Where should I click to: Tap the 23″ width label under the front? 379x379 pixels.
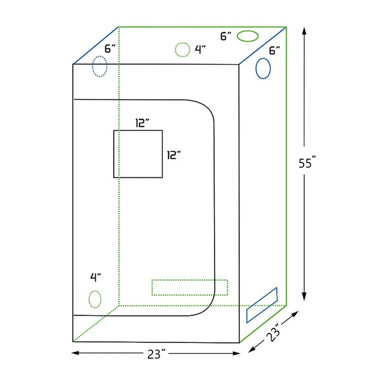(x=157, y=354)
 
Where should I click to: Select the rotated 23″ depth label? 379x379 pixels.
(x=273, y=332)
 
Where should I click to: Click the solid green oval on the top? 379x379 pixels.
(x=248, y=31)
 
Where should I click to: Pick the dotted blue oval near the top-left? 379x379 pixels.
(x=92, y=66)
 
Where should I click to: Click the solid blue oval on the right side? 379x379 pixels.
(x=256, y=68)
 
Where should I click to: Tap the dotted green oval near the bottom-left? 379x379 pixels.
(x=89, y=299)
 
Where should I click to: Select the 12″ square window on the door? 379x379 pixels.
(x=114, y=154)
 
